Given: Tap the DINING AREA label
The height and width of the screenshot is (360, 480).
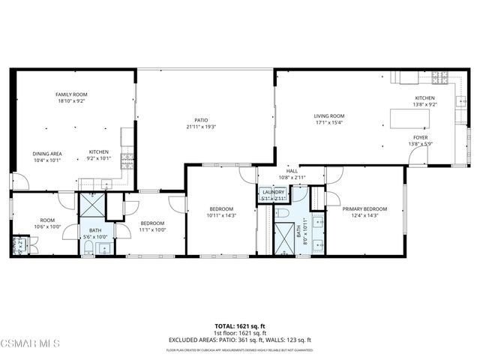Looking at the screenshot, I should (46, 154).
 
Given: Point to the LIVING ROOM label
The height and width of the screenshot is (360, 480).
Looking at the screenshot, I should (328, 115).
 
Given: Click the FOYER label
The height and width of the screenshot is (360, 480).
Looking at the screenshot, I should (421, 138).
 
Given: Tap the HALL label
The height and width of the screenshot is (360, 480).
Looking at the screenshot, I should (292, 171).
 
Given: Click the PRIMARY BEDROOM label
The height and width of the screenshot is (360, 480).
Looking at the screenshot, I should (364, 209).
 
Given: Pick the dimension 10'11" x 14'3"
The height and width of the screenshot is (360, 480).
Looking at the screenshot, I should (221, 215).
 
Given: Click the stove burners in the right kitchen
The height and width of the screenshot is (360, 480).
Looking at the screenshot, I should (440, 77).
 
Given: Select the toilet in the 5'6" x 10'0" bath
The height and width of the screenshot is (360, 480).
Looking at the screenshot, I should (88, 250).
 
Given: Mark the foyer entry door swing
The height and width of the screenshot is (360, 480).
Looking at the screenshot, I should (418, 156).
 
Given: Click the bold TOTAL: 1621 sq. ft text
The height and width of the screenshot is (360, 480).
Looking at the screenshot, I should (240, 327).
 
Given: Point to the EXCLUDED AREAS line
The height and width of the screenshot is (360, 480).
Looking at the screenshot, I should (240, 340).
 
